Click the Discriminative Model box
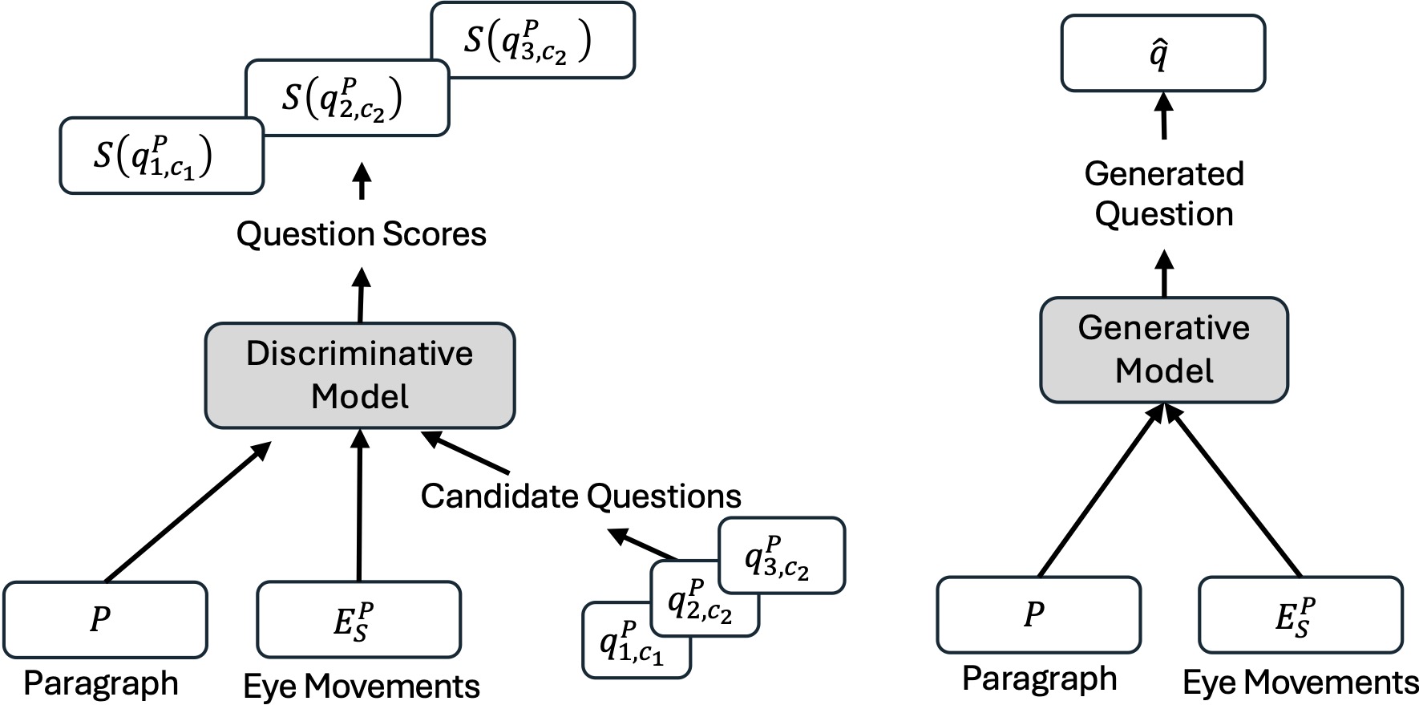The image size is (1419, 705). coord(359,375)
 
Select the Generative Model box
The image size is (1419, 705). coord(1163,350)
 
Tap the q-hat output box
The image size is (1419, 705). coord(1162,54)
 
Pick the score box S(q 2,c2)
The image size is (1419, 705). coord(346,98)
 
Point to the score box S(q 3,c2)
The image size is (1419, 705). coord(532,40)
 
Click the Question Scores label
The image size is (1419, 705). coord(362,234)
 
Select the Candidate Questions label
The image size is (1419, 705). coord(580,496)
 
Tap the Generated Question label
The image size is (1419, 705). coord(1164,194)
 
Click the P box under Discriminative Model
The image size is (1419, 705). coord(105,619)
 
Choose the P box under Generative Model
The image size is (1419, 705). coord(1038,614)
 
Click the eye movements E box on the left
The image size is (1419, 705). coord(358,619)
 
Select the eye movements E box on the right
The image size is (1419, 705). coord(1300,614)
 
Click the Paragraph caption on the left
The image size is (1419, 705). coord(101,683)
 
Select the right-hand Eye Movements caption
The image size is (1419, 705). coord(1300,683)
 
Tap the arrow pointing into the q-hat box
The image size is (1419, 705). coord(1164,116)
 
